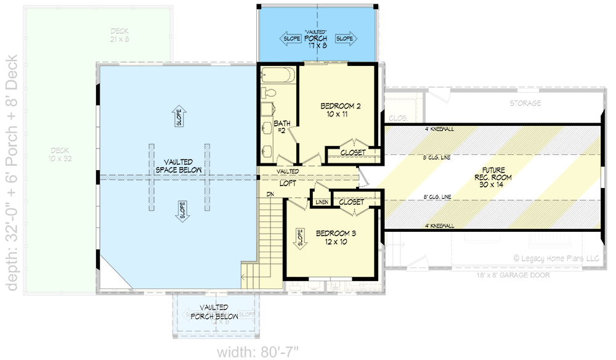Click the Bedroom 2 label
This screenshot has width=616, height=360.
tap(341, 110)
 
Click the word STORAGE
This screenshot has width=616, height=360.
tap(525, 103)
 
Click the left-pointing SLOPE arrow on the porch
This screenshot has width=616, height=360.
tap(291, 38)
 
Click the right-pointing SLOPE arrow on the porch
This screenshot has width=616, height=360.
tap(345, 38)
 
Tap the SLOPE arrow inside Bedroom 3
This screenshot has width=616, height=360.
tap(301, 237)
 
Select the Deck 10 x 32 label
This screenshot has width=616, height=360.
tap(60, 154)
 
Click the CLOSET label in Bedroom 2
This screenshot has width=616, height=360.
tap(352, 152)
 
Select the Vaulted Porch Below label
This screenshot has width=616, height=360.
tap(214, 311)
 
